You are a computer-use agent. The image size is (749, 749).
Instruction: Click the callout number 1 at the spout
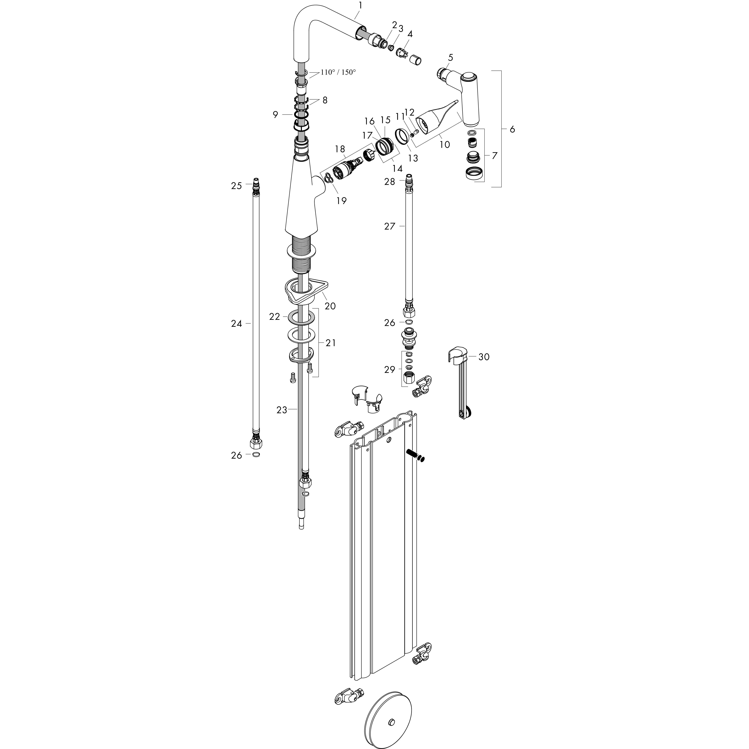click(361, 5)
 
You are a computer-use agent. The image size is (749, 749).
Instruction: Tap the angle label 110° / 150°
click(338, 72)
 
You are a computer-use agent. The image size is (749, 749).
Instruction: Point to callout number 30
click(484, 357)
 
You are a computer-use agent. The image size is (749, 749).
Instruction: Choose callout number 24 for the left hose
click(236, 324)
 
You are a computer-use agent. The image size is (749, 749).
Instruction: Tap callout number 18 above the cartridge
click(340, 149)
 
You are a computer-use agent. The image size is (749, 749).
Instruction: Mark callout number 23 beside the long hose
click(282, 410)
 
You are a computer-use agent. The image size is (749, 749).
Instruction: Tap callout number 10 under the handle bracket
click(445, 145)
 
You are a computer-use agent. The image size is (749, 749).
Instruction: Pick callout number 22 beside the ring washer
click(274, 317)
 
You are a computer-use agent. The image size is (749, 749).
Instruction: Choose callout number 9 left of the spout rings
click(275, 115)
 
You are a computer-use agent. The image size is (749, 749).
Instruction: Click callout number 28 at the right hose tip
click(390, 181)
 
